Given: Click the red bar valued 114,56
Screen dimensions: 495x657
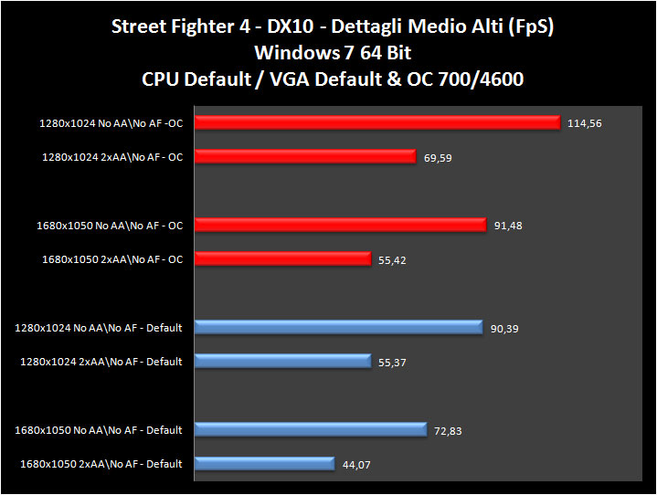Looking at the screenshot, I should tap(376, 122).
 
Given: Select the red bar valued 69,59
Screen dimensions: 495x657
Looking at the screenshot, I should tap(305, 157).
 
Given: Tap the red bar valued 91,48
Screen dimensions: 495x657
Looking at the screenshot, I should tap(339, 225).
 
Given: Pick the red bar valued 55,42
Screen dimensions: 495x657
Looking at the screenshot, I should tap(282, 258).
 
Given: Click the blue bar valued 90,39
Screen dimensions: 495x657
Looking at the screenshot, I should tap(337, 327).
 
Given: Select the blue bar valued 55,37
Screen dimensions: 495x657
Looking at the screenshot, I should tap(282, 361).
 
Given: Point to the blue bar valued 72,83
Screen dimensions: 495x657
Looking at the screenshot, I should tap(310, 429).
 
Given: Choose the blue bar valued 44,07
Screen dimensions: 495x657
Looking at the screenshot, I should tap(263, 463).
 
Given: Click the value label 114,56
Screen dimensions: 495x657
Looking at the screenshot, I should tap(585, 123).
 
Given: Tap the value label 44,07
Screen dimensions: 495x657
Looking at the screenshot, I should tap(357, 466).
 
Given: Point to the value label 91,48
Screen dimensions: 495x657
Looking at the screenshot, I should tap(510, 226).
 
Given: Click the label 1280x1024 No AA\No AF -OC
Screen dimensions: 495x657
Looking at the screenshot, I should tap(111, 123).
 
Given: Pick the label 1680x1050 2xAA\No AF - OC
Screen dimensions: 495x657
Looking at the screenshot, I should tap(112, 259).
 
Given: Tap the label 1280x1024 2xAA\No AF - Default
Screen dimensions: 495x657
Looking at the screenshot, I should tap(101, 362).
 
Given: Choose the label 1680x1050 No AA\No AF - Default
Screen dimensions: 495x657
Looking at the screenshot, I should tap(99, 430).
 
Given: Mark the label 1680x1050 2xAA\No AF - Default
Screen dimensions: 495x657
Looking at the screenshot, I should tap(101, 464).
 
